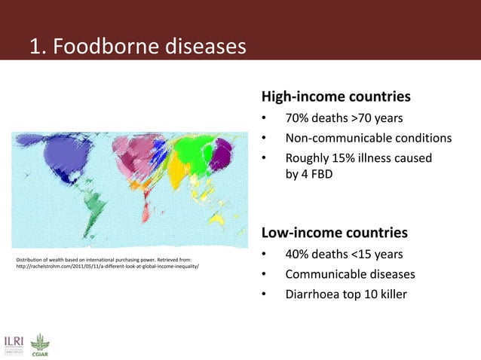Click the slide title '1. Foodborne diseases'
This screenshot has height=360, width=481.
coord(137,47)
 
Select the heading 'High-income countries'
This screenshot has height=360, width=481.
coord(335,97)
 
